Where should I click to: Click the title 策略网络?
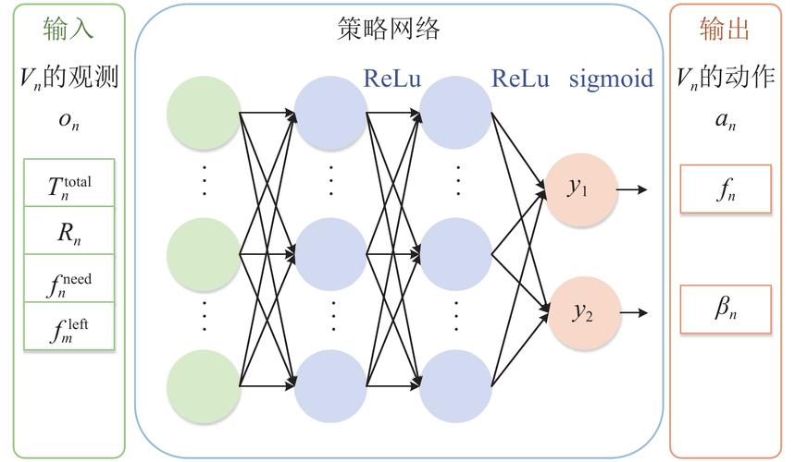[389, 30]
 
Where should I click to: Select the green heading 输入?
[68, 30]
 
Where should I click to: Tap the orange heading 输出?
[725, 30]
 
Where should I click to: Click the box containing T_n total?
[69, 184]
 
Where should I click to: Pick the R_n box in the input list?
[69, 232]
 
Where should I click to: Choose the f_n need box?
[69, 279]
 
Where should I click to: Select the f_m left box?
[69, 326]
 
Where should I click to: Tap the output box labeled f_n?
[725, 189]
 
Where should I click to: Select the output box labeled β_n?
[725, 310]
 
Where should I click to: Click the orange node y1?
[580, 189]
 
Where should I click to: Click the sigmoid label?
[611, 79]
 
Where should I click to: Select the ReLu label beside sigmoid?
[521, 79]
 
